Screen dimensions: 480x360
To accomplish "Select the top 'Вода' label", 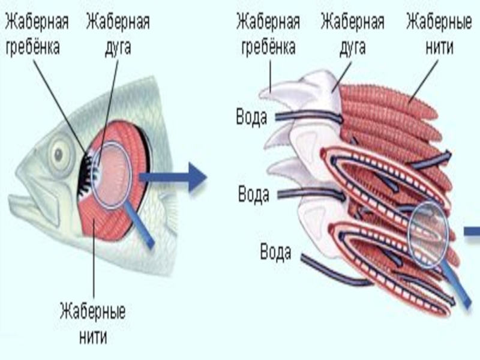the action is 251,116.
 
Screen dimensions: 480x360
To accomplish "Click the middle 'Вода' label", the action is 254,194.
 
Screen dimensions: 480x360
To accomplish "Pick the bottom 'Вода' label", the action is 275,251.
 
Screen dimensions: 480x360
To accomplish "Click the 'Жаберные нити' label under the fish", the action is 92,324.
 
